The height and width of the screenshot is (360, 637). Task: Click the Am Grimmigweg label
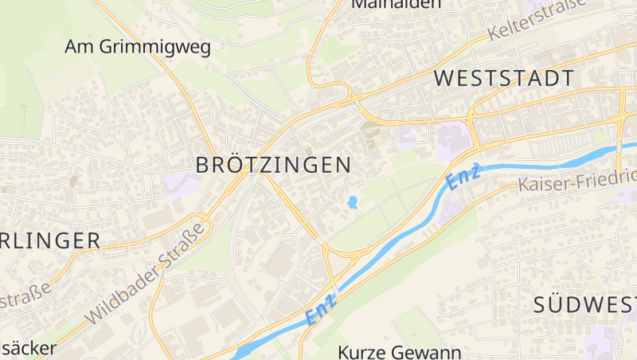138,47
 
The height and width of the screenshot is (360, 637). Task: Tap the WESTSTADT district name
505,78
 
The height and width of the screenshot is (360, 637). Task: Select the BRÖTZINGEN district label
273,165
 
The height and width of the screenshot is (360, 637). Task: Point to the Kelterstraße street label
538,20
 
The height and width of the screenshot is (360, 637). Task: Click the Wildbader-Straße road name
144,273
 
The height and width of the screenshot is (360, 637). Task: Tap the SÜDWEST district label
584,304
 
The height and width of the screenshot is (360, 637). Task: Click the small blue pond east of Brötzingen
351,202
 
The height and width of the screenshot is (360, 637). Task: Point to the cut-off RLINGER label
50,240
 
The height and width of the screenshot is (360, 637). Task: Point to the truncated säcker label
29,349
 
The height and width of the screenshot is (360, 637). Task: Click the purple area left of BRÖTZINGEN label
181,183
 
